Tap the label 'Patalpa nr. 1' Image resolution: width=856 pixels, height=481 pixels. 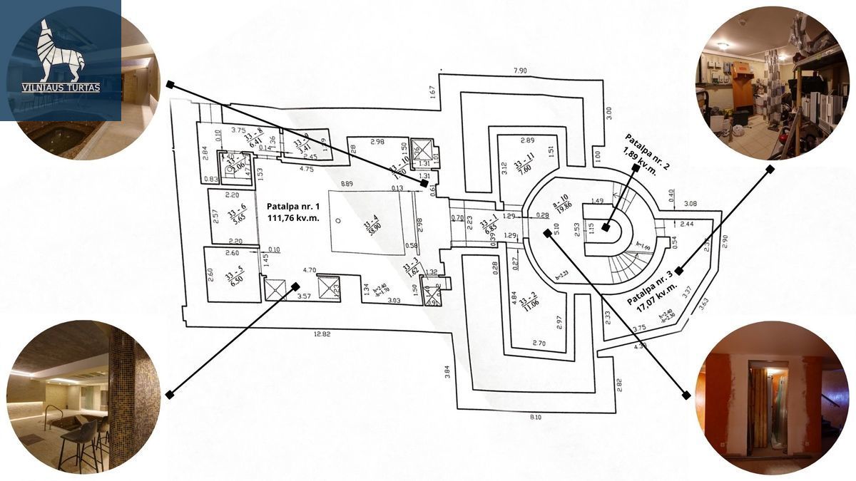click(292, 207)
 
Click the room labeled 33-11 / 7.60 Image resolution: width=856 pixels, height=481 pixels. click(527, 165)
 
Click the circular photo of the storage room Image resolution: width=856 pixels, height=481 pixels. click(772, 83)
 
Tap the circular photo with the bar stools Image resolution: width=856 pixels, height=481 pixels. click(83, 396)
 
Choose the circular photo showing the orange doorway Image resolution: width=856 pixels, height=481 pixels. click(771, 397)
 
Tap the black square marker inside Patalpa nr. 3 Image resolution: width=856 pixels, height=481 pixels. click(679, 271)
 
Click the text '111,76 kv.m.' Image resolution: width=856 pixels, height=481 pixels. click(292, 218)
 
